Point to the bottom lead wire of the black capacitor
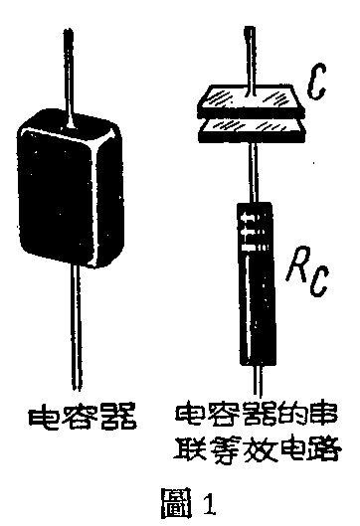tap(73, 328)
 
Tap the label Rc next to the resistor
tap(307, 268)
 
